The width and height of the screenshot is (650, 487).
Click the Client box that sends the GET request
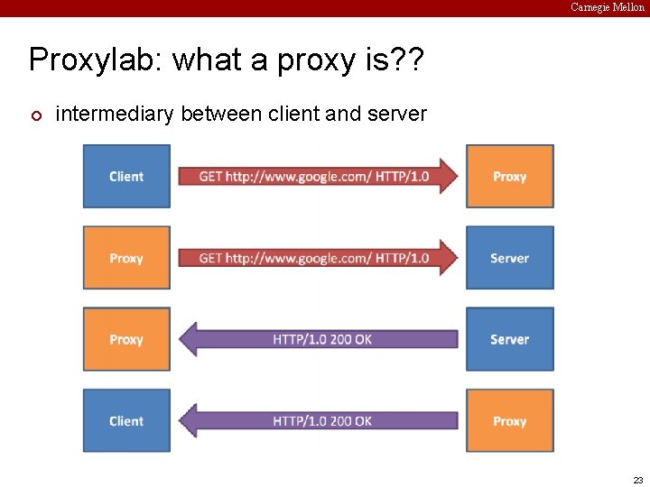(x=126, y=177)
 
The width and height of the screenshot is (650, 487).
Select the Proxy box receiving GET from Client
(x=509, y=177)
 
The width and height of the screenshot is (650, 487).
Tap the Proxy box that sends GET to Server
(x=126, y=258)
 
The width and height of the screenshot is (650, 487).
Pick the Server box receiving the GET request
(x=509, y=258)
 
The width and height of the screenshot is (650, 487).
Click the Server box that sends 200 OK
(x=509, y=339)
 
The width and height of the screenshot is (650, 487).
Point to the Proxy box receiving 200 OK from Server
(x=126, y=339)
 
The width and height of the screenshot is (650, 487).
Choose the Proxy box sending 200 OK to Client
(x=509, y=420)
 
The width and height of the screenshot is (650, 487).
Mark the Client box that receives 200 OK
(x=126, y=420)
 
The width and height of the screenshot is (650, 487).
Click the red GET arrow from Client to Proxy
(x=316, y=177)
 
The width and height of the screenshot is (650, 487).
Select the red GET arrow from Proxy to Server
(x=316, y=258)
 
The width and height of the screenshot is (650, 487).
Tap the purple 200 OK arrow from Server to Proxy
(x=320, y=339)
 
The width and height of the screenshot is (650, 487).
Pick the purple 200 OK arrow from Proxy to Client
(x=320, y=420)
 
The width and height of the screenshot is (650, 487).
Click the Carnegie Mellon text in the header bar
(x=607, y=7)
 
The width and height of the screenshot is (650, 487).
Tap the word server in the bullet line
(x=394, y=114)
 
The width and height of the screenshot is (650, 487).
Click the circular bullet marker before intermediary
(x=35, y=115)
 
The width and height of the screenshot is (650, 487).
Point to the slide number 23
(x=637, y=480)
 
